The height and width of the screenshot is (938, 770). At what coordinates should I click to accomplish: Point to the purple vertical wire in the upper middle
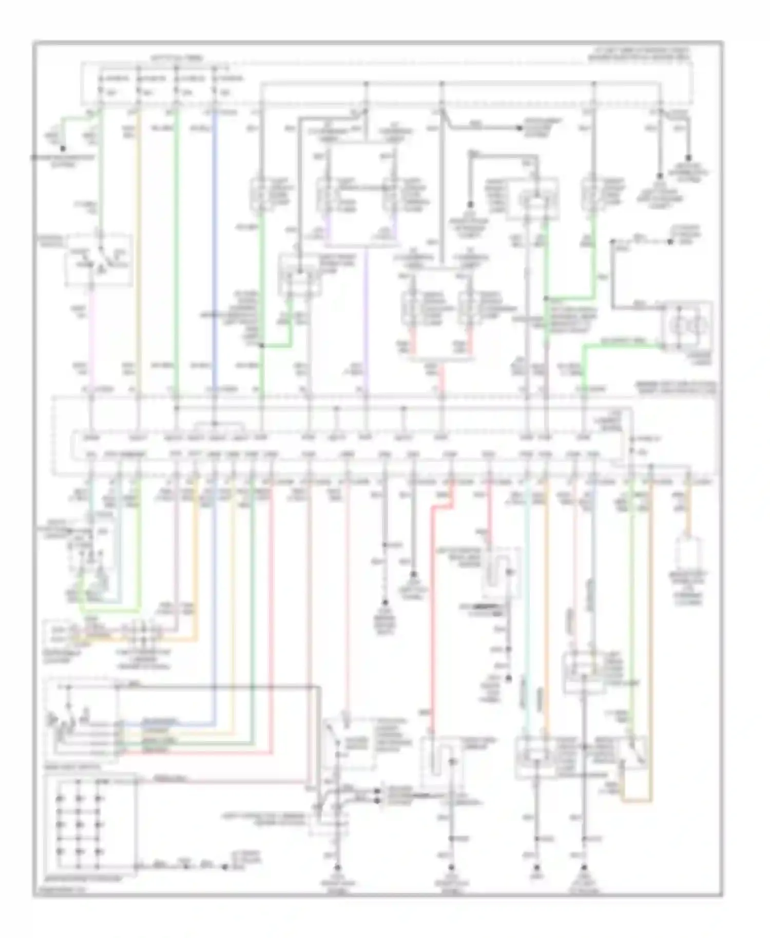[x=366, y=318]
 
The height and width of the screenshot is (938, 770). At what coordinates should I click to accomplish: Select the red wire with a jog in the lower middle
[x=434, y=616]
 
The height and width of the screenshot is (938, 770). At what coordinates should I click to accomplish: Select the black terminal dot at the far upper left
[x=62, y=148]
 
